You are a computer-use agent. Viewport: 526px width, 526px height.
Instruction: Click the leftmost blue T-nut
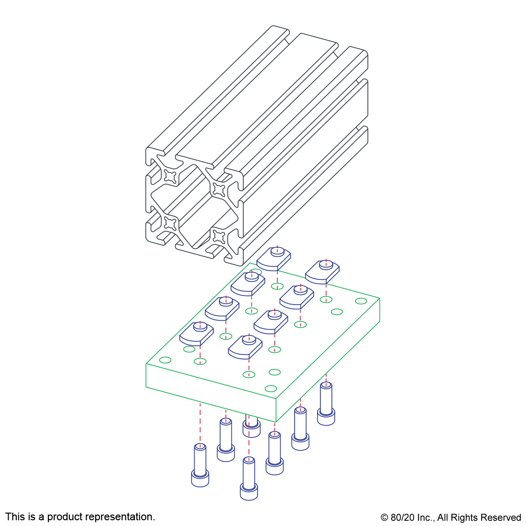pyautogui.click(x=196, y=333)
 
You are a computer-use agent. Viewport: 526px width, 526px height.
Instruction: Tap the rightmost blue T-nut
pyautogui.click(x=322, y=271)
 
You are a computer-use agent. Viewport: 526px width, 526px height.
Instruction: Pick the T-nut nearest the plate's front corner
pyautogui.click(x=245, y=346)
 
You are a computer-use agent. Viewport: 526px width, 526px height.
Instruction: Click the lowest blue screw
pyautogui.click(x=249, y=478)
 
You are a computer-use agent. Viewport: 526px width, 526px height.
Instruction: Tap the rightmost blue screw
pyautogui.click(x=326, y=404)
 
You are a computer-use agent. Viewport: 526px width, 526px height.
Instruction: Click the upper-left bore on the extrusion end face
pyautogui.click(x=170, y=176)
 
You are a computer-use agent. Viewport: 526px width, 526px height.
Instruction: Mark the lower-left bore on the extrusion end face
pyautogui.click(x=170, y=223)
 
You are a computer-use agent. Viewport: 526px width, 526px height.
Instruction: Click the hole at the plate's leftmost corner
pyautogui.click(x=165, y=360)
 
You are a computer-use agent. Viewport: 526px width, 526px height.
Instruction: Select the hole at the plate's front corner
pyautogui.click(x=271, y=388)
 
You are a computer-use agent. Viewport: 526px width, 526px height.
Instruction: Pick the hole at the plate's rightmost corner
pyautogui.click(x=362, y=301)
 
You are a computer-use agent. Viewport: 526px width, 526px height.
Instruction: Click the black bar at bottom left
pyautogui.click(x=80, y=517)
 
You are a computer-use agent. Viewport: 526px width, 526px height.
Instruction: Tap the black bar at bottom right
pyautogui.click(x=450, y=518)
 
